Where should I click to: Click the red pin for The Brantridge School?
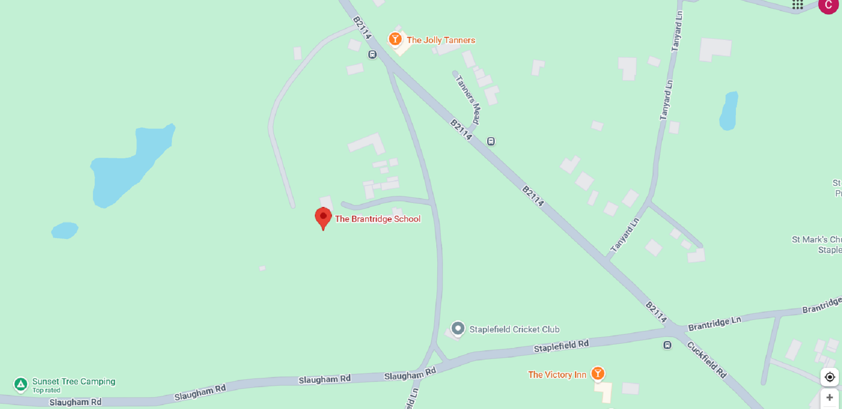coord(323,217)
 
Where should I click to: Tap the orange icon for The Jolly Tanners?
coord(395,39)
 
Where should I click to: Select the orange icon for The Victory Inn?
coord(598,373)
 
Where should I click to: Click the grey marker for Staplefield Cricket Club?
coord(458,328)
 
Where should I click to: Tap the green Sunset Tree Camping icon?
coord(21,384)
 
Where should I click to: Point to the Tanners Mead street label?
coord(468,100)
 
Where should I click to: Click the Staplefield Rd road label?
coord(561,346)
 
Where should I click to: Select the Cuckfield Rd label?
coord(707,359)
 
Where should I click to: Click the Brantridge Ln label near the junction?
coord(714,324)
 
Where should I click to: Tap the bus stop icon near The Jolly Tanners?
coord(372,55)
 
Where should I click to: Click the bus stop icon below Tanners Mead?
coord(491,141)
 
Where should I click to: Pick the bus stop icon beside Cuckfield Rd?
coord(667,345)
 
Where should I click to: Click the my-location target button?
coord(830,377)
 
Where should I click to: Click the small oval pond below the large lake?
coord(65,231)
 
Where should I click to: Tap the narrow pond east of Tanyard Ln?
coord(729,111)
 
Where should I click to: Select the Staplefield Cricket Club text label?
coord(514,329)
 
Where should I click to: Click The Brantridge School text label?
coord(378,219)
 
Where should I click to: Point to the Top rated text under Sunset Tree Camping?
coord(46,390)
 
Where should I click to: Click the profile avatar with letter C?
coord(828,5)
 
